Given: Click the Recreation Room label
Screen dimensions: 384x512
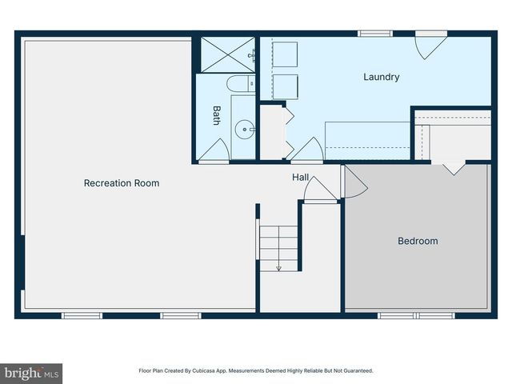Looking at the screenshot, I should click(x=122, y=183).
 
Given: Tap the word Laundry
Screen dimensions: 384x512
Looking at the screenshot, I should click(x=381, y=78).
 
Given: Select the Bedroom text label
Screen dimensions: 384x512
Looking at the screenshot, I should click(x=418, y=241).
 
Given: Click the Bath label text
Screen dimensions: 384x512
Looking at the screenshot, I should click(x=216, y=116).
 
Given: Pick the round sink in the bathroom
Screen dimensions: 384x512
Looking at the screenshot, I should click(x=246, y=126).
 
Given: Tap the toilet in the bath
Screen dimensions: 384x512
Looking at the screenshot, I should click(x=238, y=84).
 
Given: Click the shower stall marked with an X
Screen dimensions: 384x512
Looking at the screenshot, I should click(x=225, y=54).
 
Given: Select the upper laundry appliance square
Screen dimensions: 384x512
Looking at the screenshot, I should click(x=285, y=55).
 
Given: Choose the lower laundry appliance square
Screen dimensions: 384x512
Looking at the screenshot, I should click(x=285, y=86).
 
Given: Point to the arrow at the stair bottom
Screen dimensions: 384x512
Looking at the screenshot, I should click(x=278, y=267).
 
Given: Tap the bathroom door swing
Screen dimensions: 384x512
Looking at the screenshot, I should click(x=214, y=151).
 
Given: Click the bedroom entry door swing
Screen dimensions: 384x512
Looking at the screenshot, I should click(x=353, y=182).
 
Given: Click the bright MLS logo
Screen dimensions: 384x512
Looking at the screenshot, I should click(x=32, y=373).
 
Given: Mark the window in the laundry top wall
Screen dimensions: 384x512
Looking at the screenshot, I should click(x=375, y=34).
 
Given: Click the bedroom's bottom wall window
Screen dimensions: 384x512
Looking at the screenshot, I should click(x=416, y=315).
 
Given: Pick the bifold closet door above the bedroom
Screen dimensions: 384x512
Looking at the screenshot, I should click(x=454, y=169).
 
